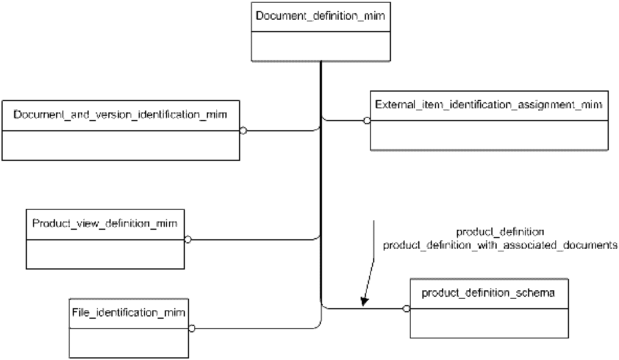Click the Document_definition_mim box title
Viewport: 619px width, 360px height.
[320, 16]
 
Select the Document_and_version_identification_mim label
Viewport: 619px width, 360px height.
[120, 115]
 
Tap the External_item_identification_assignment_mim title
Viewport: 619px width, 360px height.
[489, 105]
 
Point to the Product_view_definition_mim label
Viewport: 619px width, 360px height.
[105, 223]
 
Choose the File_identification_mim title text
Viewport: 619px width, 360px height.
[128, 313]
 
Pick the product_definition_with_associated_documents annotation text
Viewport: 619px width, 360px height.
[500, 245]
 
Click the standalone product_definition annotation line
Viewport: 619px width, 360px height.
[500, 232]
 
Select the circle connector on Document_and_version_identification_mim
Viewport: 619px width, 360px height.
[243, 131]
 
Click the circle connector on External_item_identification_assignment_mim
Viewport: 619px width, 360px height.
[367, 120]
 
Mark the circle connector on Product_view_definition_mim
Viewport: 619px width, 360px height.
[188, 240]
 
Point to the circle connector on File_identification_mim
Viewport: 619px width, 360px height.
[192, 329]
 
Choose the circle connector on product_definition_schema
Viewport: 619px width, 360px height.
[406, 309]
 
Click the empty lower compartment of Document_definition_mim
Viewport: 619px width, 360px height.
[320, 46]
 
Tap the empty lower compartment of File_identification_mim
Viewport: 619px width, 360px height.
[129, 343]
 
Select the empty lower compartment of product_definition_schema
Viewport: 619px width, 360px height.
[489, 323]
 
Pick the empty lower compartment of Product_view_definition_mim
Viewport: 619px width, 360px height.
[105, 254]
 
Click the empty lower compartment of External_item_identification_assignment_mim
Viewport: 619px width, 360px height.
[489, 135]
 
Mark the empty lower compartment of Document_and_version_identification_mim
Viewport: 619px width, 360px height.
[121, 145]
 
